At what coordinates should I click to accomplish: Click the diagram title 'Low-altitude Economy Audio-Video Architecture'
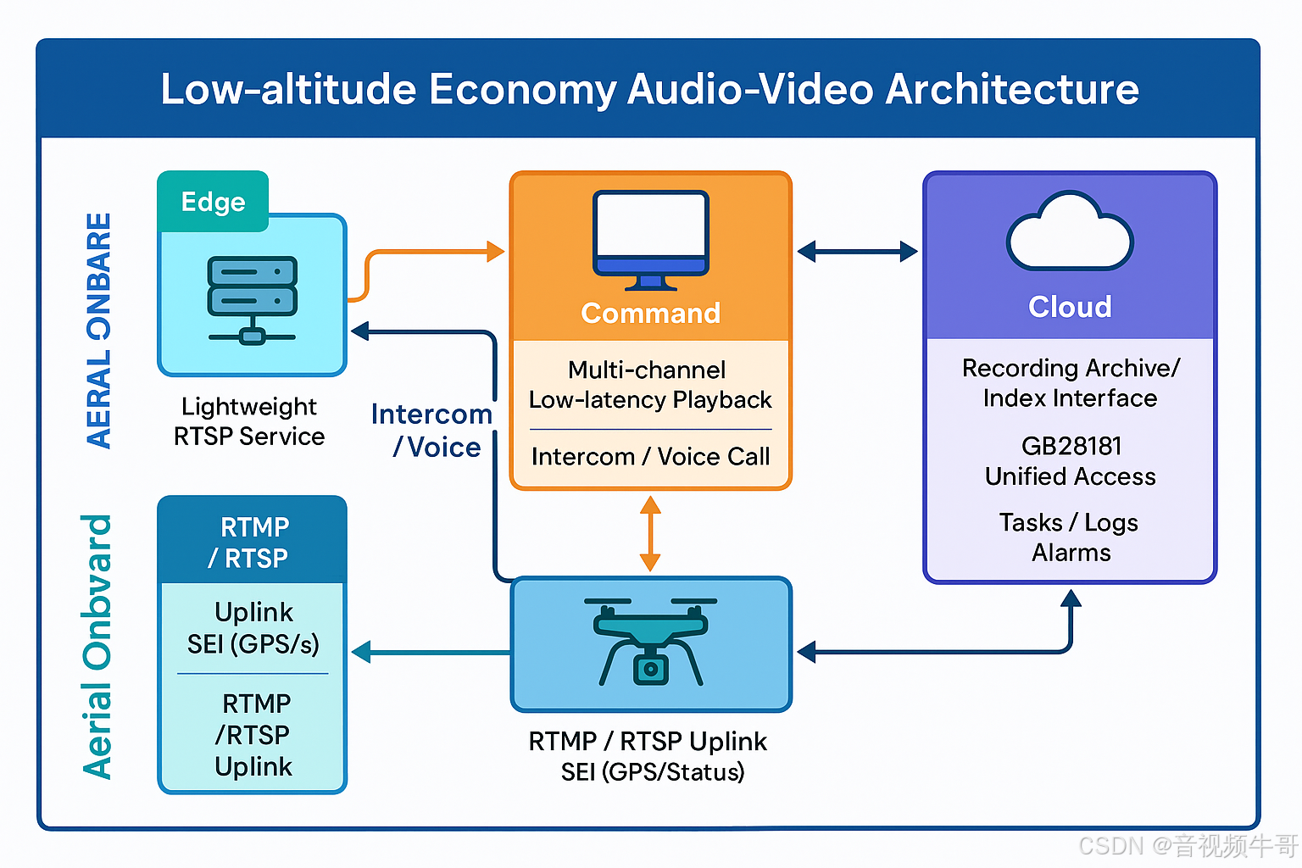coord(649,89)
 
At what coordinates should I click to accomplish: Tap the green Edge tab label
coord(213,202)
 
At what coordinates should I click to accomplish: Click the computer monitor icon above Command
coord(650,239)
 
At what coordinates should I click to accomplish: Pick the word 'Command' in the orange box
coord(650,314)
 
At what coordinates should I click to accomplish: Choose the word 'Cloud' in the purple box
coord(1070,307)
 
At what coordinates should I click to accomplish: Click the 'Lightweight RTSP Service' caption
coord(249,421)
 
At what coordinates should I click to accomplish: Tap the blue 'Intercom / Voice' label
coord(433,431)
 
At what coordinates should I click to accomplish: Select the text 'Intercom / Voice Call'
coord(650,457)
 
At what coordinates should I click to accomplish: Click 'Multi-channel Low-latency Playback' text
coord(650,385)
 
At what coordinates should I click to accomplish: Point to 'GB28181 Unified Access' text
coord(1070,461)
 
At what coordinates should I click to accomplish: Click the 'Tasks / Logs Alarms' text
coord(1070,537)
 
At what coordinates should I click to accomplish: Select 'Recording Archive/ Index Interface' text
coord(1070,383)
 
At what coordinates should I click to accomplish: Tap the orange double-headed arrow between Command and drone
coord(650,534)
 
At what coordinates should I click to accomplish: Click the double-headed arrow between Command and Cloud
coord(857,251)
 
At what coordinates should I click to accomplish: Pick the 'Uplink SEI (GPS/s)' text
coord(253,628)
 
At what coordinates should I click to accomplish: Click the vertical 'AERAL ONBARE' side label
coord(99,331)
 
